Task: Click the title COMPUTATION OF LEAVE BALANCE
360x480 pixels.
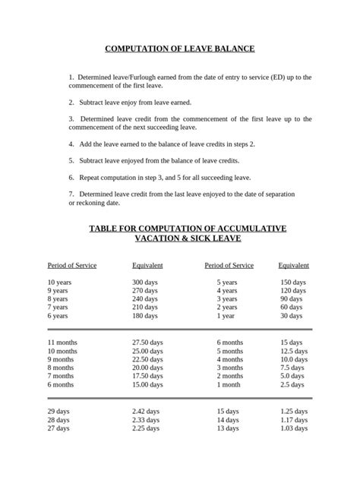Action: click(x=179, y=49)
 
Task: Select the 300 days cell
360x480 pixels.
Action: click(x=144, y=282)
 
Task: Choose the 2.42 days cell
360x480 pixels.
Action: click(x=146, y=411)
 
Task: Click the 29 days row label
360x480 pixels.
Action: click(x=58, y=411)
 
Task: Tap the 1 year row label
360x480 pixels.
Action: click(x=227, y=315)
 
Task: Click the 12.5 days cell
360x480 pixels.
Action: click(x=294, y=352)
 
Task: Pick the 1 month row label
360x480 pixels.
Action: click(x=229, y=385)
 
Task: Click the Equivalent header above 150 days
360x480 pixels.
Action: click(x=293, y=265)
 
